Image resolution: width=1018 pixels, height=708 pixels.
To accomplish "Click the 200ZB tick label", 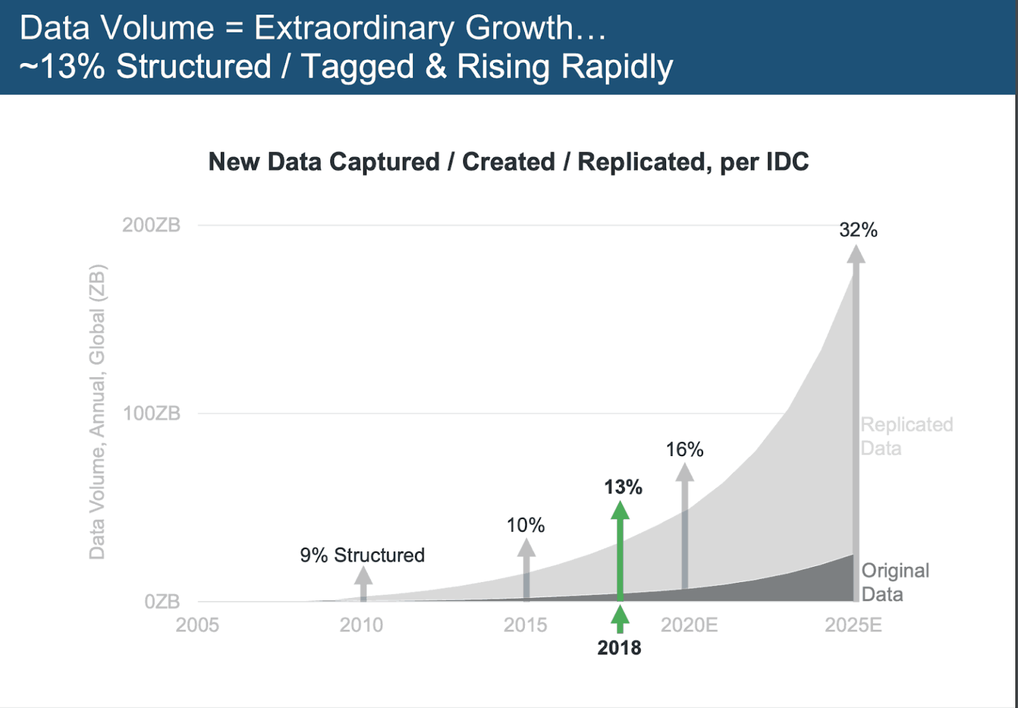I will click(151, 225).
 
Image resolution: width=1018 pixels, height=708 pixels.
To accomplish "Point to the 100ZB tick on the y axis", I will click(151, 414).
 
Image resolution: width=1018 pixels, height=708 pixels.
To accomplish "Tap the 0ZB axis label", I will click(162, 602).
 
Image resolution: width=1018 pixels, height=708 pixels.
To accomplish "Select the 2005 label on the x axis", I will click(197, 625).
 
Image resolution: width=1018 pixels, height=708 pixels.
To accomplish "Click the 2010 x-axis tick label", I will click(361, 625).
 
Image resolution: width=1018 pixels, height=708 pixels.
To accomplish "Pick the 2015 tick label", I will click(525, 625).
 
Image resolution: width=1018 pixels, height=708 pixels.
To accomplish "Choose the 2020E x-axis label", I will click(689, 625).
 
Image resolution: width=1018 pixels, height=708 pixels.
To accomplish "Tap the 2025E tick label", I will click(853, 625).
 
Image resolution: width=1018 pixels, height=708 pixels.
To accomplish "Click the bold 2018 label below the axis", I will click(619, 648).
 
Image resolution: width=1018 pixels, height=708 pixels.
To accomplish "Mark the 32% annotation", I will click(858, 230).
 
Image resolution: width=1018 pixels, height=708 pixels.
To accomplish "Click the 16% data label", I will click(685, 449).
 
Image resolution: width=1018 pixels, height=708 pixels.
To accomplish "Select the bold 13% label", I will click(623, 487).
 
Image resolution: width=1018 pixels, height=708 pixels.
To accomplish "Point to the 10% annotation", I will click(526, 526).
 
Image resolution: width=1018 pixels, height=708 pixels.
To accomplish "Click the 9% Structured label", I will click(362, 555).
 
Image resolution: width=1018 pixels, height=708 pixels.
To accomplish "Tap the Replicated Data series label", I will click(906, 436).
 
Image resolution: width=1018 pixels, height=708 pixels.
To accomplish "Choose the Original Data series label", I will click(895, 582).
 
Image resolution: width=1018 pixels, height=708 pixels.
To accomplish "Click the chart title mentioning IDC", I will click(508, 162).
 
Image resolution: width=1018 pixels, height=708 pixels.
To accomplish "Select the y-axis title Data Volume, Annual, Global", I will click(97, 412).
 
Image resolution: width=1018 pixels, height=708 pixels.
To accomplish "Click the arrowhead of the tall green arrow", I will click(620, 510).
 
